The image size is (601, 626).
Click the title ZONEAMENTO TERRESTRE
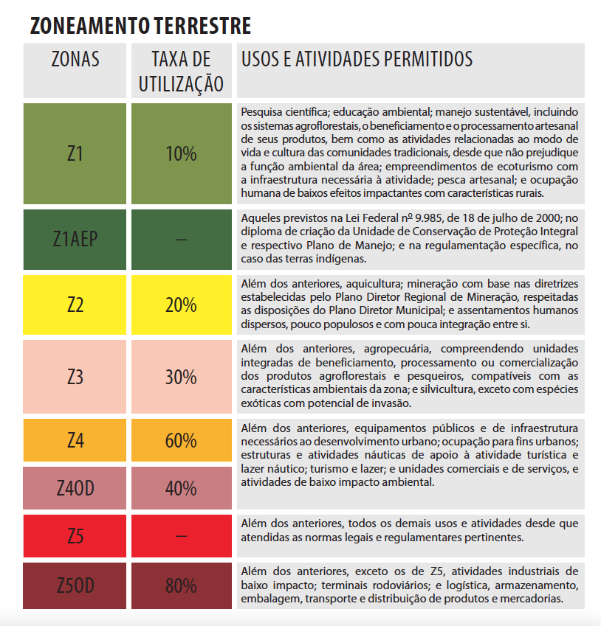140,26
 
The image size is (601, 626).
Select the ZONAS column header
75,59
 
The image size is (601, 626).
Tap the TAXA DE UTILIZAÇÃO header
181,71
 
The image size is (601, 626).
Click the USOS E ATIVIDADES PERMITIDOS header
357,58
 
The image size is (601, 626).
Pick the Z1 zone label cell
75,153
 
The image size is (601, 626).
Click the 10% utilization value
181,153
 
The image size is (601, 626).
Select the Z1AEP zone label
75,239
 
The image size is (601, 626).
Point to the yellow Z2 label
75,305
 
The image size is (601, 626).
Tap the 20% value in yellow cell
181,305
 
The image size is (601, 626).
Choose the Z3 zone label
75,376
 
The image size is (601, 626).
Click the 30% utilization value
181,376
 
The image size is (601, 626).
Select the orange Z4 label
75,440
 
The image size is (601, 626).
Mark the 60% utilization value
181,440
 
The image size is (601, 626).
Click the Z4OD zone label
75,488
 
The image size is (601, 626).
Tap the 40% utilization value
181,488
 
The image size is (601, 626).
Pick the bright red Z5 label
75,536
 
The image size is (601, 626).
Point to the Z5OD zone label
75,585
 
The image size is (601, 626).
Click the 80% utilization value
181,585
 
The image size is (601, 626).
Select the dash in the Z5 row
181,536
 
